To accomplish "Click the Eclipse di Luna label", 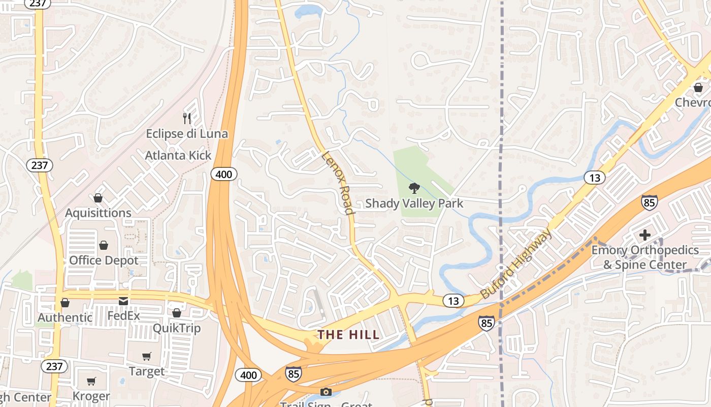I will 187,134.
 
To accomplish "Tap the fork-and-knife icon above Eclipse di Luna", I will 187,119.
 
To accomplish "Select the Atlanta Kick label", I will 178,156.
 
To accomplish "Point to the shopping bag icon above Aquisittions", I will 98,198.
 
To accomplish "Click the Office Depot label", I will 104,260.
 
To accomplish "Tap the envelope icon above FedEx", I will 123,301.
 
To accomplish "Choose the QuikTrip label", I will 177,328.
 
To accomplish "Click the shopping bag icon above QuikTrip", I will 177,313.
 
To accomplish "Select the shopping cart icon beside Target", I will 147,357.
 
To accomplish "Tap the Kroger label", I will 91,396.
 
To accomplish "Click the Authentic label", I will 65,317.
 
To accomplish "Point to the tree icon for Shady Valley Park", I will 414,188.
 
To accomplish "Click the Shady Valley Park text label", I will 414,203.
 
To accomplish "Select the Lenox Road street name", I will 337,182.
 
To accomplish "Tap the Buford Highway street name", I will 515,264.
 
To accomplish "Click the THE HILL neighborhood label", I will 348,335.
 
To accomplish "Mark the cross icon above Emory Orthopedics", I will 645,235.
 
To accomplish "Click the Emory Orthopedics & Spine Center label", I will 645,257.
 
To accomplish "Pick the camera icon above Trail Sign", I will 326,392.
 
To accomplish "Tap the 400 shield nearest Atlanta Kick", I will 223,175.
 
